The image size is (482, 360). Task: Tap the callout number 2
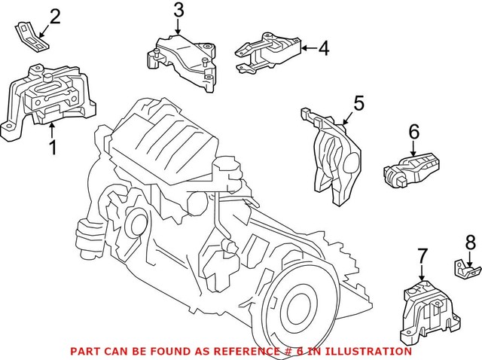(56, 17)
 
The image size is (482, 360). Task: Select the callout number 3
(178, 11)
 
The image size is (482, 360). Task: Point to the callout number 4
(323, 49)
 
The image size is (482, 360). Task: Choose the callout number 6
(413, 132)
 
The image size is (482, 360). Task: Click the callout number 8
(471, 243)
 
